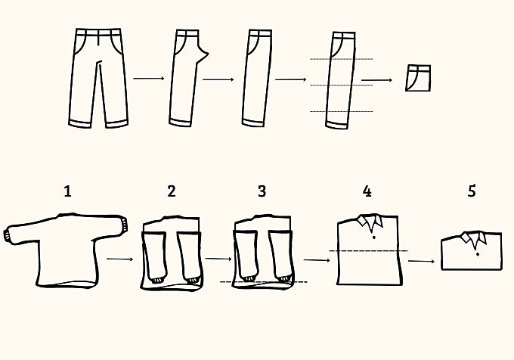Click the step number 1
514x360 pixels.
[67, 191]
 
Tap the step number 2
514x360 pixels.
[172, 191]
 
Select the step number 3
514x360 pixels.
[262, 191]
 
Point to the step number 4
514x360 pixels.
[367, 191]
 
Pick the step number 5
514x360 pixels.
[472, 191]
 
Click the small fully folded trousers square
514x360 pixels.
[418, 78]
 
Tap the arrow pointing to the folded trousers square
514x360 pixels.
[376, 80]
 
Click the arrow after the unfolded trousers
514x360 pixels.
[148, 79]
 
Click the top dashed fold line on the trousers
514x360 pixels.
[341, 59]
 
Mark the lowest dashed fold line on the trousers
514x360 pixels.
[341, 111]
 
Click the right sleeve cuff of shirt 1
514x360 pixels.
[125, 225]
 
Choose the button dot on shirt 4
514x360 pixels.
[373, 237]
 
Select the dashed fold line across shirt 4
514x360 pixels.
[368, 251]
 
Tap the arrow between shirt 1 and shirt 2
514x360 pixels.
[119, 259]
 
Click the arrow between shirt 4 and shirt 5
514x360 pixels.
[421, 261]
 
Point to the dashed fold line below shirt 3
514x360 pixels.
[264, 281]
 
